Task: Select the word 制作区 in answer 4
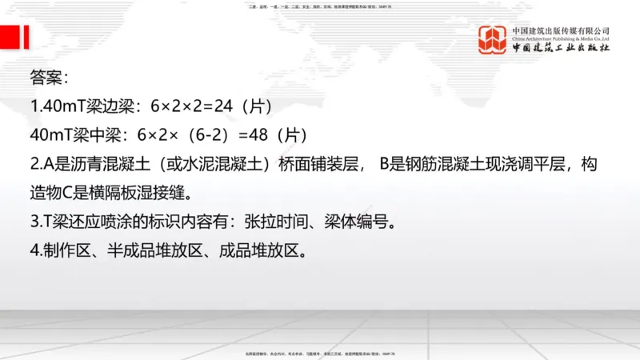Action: [x=66, y=251]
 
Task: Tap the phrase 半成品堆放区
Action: [x=155, y=251]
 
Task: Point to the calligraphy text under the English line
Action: [x=561, y=49]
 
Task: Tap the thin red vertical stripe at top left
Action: [x=28, y=38]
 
